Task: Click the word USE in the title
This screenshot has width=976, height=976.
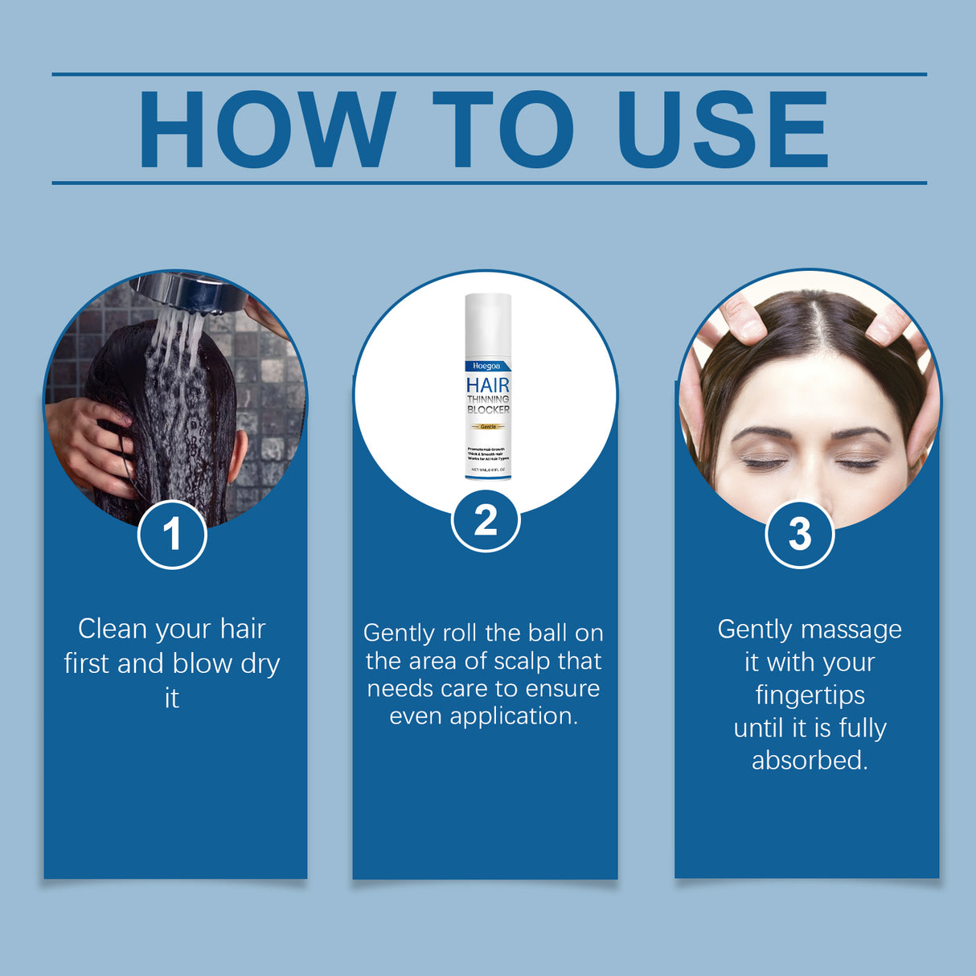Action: coord(721,129)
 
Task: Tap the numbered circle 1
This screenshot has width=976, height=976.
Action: coord(172,535)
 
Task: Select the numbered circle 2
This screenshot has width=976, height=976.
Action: coord(486,520)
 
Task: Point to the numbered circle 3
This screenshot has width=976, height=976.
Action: coord(799,535)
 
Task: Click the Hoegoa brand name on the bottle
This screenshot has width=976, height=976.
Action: coord(486,366)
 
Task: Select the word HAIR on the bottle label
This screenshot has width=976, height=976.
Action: coord(488,385)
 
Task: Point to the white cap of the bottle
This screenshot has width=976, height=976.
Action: coord(488,322)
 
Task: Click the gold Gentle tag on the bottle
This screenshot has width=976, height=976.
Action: coord(488,426)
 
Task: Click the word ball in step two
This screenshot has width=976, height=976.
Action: coord(547,634)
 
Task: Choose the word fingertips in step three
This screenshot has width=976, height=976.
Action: coord(810,695)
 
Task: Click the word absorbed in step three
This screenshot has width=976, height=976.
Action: coord(810,761)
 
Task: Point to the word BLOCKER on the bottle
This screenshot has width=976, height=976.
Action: coord(488,410)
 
